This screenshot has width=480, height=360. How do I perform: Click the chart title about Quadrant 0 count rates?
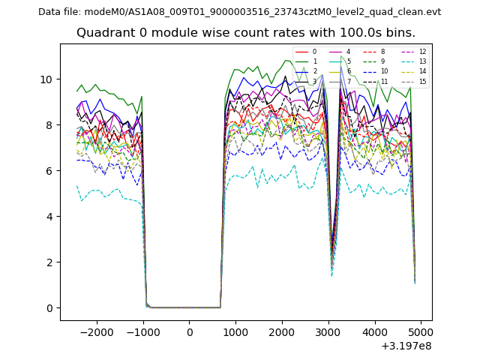[245, 33]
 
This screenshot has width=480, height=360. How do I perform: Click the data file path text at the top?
[239, 11]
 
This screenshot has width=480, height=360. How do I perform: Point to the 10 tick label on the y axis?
[46, 79]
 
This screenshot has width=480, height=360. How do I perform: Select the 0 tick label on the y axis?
[49, 308]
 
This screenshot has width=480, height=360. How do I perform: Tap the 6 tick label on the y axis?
[49, 171]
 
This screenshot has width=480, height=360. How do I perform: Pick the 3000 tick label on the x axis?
[328, 332]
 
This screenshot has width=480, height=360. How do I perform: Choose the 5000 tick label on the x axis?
[421, 332]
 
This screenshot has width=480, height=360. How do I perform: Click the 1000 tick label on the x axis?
[235, 332]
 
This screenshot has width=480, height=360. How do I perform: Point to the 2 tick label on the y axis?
[49, 262]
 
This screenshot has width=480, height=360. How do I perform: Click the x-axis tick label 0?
[189, 332]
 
